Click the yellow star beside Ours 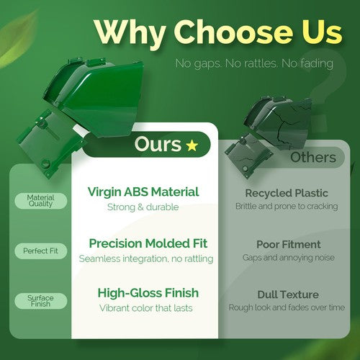(x=192, y=145)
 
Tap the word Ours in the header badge (x=158, y=144)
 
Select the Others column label (x=313, y=158)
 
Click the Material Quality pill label (x=40, y=201)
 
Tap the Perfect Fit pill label (x=40, y=251)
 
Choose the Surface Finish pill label (x=40, y=301)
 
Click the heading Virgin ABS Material (x=143, y=192)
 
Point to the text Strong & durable (x=143, y=207)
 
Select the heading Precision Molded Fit (x=148, y=243)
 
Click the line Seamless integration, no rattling (x=146, y=258)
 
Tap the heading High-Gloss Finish (x=148, y=293)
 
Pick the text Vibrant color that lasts (x=146, y=308)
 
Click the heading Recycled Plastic (x=287, y=193)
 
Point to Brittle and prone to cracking (x=287, y=206)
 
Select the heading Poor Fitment (x=289, y=245)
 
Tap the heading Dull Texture (x=288, y=294)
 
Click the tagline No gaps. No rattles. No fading (x=254, y=63)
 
